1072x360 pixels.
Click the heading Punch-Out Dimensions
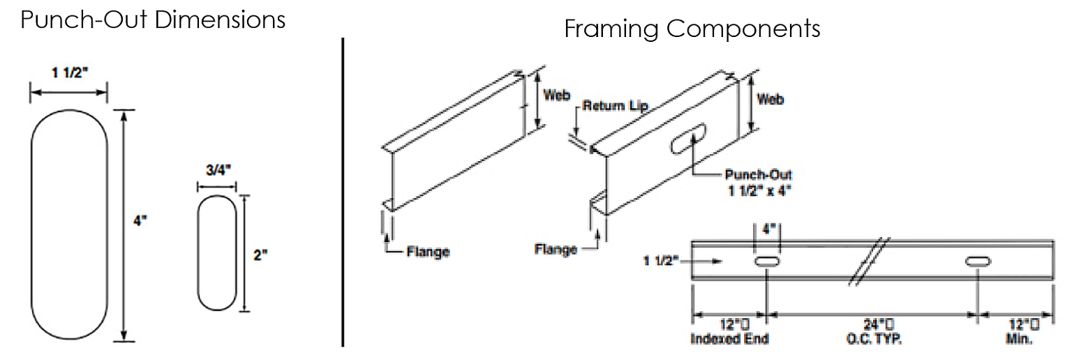(x=153, y=19)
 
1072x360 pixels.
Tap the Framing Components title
(x=692, y=29)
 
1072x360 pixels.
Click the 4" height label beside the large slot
(x=142, y=220)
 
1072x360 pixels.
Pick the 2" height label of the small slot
(x=260, y=255)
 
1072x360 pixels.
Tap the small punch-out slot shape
(x=217, y=253)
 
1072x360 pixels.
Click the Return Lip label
(x=615, y=107)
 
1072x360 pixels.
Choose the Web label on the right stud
(x=770, y=100)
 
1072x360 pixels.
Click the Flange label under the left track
(x=428, y=251)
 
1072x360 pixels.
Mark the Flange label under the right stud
(x=556, y=249)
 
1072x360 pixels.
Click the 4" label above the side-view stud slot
(x=766, y=228)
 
